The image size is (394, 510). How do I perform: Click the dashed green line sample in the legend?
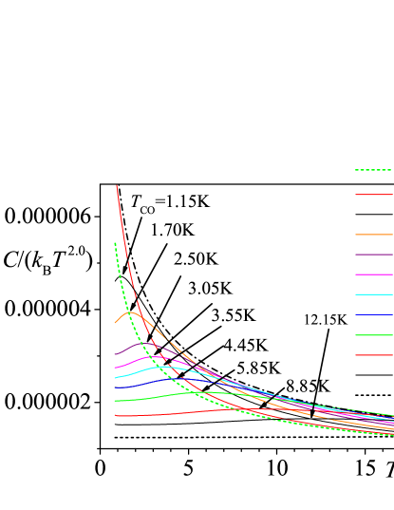373,170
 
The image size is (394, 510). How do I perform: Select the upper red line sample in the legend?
373,195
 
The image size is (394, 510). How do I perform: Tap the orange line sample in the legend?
373,235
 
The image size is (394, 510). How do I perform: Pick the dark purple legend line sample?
373,255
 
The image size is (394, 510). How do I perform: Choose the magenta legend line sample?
373,274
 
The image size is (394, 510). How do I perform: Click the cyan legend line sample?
373,294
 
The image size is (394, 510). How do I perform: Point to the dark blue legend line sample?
373,314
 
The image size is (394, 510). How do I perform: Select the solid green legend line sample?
373,335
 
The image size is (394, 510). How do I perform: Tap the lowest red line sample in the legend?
373,355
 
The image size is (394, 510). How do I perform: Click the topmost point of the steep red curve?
117,186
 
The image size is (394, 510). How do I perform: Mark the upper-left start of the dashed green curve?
115,243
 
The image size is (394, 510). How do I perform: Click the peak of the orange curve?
131,312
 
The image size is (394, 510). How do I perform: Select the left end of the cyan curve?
115,378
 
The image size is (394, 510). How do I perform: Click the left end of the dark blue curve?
115,388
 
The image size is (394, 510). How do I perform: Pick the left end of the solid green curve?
115,401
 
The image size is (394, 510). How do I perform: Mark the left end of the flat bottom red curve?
115,416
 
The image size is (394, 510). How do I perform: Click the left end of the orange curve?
115,324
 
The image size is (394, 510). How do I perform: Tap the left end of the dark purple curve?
115,354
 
